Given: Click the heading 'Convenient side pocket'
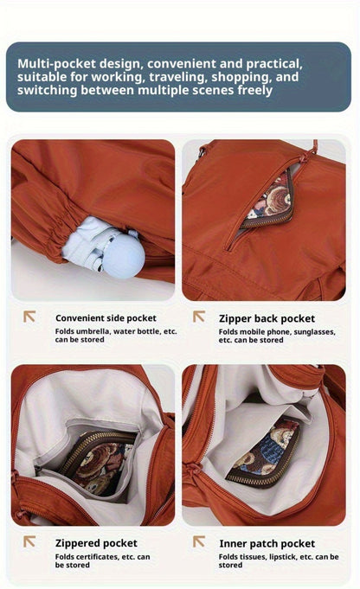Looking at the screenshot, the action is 106,318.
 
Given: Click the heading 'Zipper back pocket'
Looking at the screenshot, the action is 267,318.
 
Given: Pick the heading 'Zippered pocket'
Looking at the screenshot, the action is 96,543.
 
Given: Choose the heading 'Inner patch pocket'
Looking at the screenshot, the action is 267,543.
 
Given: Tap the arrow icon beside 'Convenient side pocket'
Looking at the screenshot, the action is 29,317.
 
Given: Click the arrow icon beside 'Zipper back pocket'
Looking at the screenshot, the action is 199,317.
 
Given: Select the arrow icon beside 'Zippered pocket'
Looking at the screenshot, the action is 29,541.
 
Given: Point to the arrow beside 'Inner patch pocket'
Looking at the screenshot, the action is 199,541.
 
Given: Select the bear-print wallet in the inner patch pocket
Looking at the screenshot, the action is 264,453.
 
